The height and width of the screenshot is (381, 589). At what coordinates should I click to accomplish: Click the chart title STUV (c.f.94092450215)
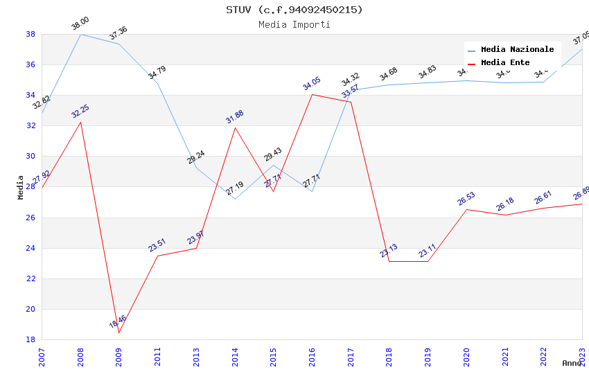(x=294, y=10)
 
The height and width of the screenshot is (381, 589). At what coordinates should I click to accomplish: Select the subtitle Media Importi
(x=294, y=25)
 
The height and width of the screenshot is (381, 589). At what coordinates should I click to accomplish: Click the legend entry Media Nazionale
(x=517, y=50)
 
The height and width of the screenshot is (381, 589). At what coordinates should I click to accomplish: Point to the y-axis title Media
(x=21, y=187)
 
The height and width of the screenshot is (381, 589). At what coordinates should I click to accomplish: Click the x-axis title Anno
(x=572, y=363)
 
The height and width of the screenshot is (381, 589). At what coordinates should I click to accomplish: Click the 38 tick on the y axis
(x=30, y=34)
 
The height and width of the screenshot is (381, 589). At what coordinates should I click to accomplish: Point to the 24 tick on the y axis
(x=30, y=248)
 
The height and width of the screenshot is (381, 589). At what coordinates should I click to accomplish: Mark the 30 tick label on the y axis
(x=30, y=157)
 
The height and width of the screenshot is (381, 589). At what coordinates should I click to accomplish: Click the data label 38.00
(x=80, y=24)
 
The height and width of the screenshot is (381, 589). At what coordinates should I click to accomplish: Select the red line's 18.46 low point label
(x=118, y=321)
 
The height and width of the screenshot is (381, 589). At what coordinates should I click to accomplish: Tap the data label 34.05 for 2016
(x=312, y=84)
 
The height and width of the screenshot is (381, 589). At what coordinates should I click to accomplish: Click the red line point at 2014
(x=235, y=127)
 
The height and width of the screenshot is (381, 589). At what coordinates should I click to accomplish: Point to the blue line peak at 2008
(x=80, y=34)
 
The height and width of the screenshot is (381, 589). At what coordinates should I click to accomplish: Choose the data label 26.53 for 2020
(x=466, y=199)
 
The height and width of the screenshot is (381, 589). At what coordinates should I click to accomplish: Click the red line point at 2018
(x=389, y=261)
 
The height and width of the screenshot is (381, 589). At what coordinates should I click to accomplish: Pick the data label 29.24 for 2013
(x=196, y=157)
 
